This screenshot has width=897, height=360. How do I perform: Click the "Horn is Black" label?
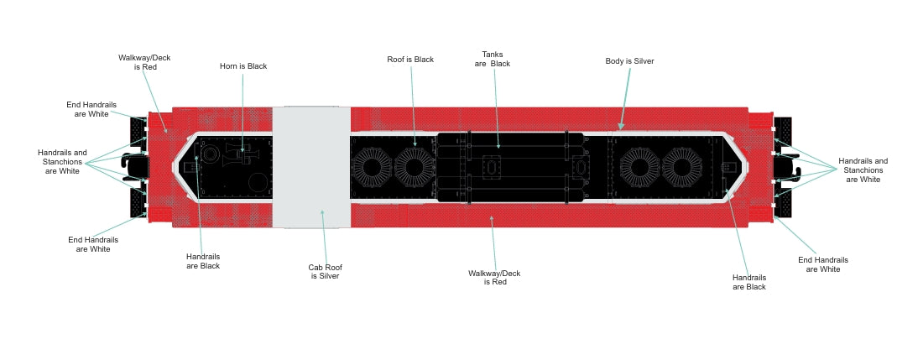(x=243, y=66)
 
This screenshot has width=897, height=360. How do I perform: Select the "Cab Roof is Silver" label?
(x=324, y=271)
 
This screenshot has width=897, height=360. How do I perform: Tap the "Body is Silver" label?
(x=629, y=61)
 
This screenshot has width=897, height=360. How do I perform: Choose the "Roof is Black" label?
(x=410, y=60)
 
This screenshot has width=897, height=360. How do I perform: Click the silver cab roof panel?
(x=311, y=167)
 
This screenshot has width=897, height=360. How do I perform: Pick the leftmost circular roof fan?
(x=369, y=165)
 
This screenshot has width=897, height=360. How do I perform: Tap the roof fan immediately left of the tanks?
(x=413, y=165)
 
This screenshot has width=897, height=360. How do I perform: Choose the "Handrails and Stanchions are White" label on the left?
(x=63, y=162)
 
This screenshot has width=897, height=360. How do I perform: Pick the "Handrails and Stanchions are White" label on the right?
(x=863, y=170)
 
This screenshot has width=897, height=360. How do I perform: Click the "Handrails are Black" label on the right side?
(x=748, y=281)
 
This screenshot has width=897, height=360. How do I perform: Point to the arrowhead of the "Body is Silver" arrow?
(x=620, y=128)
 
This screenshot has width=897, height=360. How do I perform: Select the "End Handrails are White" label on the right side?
(x=823, y=264)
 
